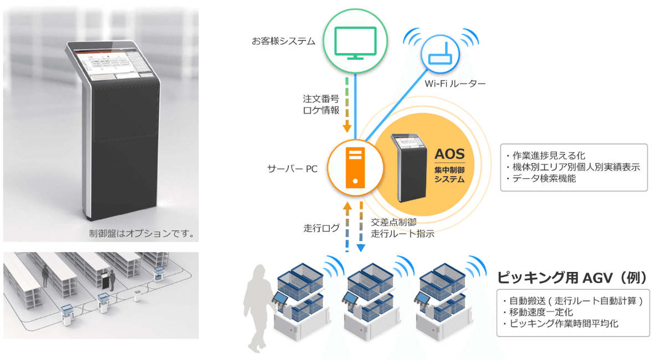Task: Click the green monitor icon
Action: click(x=355, y=43)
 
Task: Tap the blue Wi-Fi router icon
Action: click(x=440, y=54)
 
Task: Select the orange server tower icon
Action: click(x=355, y=168)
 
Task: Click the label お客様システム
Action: click(x=283, y=41)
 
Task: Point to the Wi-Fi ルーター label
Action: click(x=455, y=84)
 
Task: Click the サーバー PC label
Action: click(x=293, y=169)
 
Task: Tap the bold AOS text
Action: click(x=449, y=154)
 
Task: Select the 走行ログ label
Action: click(x=321, y=228)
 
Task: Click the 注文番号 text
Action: click(x=321, y=99)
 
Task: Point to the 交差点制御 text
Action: click(x=393, y=222)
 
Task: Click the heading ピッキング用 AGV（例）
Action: click(x=572, y=278)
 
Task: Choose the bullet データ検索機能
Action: click(x=541, y=178)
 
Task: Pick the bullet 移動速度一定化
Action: click(x=538, y=312)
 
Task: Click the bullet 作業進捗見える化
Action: click(x=546, y=156)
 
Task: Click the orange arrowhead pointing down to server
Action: click(x=347, y=128)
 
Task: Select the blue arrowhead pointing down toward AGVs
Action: click(x=361, y=248)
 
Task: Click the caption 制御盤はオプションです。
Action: click(x=142, y=234)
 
